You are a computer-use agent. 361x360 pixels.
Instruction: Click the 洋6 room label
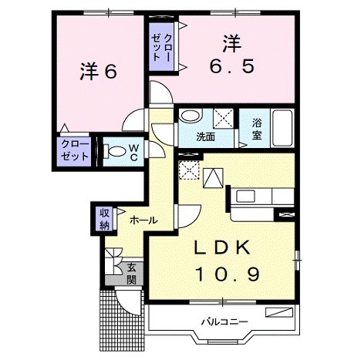click(97, 71)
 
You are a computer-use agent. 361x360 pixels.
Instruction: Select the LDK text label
click(220, 249)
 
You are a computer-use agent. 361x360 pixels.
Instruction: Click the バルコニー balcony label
click(224, 320)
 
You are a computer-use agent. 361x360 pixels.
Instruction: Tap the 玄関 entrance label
click(132, 273)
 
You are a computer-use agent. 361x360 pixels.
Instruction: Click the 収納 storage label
click(104, 218)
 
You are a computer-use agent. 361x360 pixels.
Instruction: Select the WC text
click(133, 151)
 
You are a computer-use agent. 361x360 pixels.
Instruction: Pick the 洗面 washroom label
click(205, 137)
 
